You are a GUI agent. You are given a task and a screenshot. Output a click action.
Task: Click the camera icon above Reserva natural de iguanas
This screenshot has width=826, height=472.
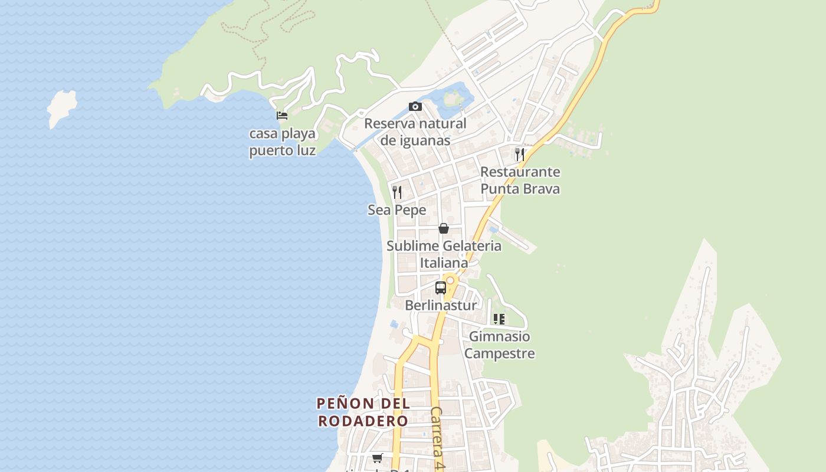415,107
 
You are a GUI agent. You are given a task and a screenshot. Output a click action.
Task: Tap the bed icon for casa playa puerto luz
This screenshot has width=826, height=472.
282,116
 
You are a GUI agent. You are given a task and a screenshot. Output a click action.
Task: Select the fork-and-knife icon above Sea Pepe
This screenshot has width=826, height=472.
397,192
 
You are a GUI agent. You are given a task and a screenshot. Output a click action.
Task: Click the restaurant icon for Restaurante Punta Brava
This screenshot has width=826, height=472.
520,155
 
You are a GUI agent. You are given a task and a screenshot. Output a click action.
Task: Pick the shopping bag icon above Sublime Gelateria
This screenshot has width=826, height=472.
444,228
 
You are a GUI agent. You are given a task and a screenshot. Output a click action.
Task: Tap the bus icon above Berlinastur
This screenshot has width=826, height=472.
441,288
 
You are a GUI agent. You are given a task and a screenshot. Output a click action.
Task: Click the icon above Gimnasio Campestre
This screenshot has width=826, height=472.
499,319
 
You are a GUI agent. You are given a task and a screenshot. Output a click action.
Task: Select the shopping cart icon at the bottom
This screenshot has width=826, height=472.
378,458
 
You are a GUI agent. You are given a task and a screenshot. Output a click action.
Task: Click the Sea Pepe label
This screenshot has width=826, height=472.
397,210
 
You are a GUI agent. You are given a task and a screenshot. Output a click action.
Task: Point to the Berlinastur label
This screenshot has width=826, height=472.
441,306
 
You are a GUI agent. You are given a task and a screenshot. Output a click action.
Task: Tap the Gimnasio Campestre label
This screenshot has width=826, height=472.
499,345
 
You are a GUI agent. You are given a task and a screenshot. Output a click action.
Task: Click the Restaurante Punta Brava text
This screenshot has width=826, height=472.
520,181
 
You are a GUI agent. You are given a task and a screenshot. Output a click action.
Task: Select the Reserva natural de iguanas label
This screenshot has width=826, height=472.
415,132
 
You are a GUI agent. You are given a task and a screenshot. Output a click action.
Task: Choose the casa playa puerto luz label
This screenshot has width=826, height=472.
282,142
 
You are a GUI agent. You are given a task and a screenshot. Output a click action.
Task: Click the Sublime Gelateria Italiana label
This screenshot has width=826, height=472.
444,254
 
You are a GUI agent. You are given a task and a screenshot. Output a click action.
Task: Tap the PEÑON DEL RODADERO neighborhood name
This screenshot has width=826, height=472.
363,412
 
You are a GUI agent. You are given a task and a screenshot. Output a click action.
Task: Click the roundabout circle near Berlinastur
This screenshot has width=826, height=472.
450,280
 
